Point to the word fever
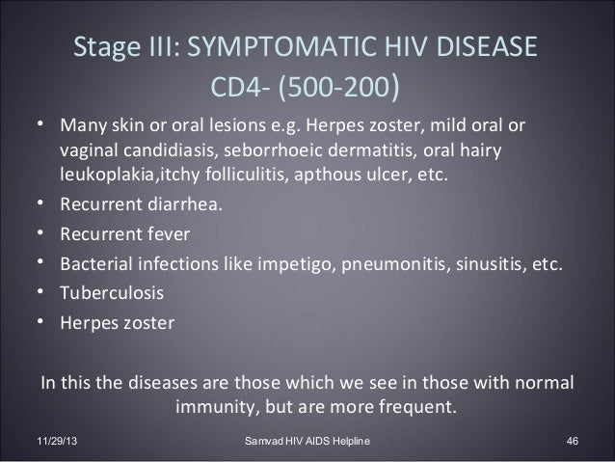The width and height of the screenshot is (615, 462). (x=168, y=234)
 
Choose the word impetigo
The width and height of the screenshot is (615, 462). (x=291, y=263)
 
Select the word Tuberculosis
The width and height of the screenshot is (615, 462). (x=112, y=291)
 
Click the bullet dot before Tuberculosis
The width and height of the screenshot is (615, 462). (x=44, y=291)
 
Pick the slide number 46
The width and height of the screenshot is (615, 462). (x=572, y=442)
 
